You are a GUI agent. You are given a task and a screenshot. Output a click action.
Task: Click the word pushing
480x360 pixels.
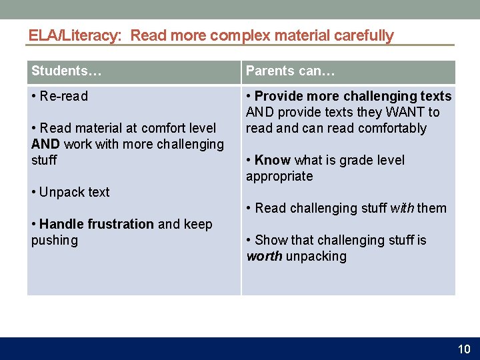pyautogui.click(x=54, y=240)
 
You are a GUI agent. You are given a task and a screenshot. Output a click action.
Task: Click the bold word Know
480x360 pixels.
pyautogui.click(x=273, y=160)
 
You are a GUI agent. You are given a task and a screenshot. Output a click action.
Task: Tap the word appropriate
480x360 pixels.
pyautogui.click(x=279, y=176)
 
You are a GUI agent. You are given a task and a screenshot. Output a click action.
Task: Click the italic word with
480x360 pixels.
pyautogui.click(x=402, y=208)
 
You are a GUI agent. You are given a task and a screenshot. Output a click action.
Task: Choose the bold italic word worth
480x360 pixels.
pyautogui.click(x=265, y=256)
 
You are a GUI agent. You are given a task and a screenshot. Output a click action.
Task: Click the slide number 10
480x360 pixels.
pyautogui.click(x=464, y=349)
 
